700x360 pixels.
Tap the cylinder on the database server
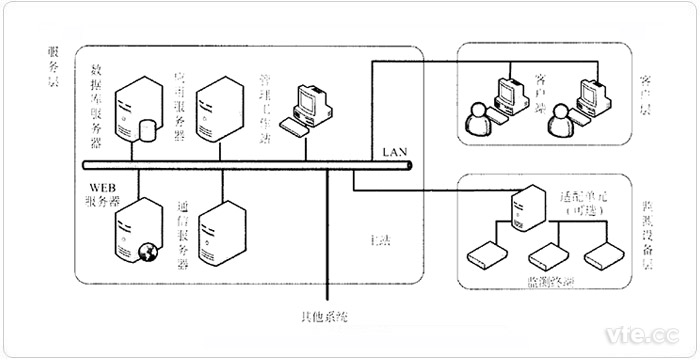click(150, 130)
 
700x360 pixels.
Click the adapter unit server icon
click(520, 207)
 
